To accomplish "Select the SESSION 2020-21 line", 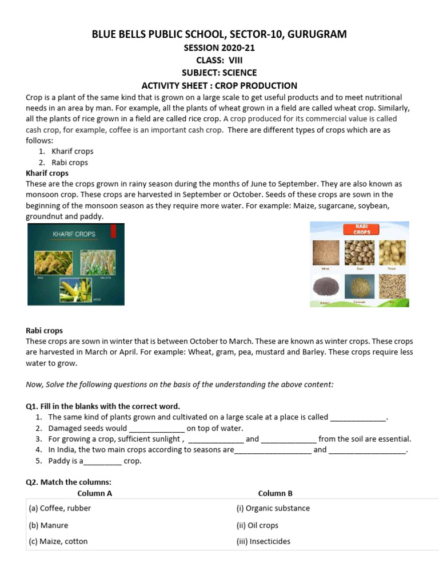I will coord(219,47).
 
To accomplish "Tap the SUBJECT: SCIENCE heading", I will coord(219,73).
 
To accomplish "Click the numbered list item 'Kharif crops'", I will coord(72,152).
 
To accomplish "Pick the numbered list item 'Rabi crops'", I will coord(70,163).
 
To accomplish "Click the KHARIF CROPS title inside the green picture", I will coord(74,234).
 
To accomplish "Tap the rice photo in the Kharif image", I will coord(53,262).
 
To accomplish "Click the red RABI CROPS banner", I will coord(359,229).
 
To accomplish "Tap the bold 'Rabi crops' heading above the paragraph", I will coord(45,331).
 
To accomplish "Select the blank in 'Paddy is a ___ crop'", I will coord(102,461).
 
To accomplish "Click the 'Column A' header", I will coord(95,493).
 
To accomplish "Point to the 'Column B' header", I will coord(275,493).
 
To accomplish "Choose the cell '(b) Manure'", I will coord(49,525).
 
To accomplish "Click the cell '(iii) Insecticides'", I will coord(263,541).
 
